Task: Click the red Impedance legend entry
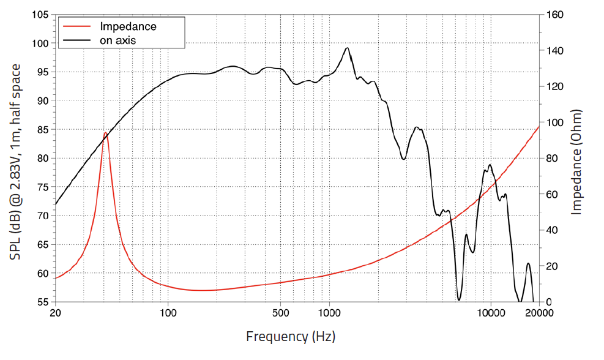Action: [127, 26]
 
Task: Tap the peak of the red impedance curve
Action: [105, 133]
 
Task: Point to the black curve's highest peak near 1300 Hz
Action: [347, 48]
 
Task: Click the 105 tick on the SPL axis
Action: [40, 15]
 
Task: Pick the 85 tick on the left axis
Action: [43, 130]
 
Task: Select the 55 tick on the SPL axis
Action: [43, 302]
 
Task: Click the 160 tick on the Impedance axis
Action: [554, 15]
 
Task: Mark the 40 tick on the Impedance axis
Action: [552, 230]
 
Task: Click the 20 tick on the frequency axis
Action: [55, 312]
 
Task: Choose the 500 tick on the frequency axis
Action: [280, 312]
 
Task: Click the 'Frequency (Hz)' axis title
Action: [291, 336]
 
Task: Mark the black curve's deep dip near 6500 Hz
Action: [459, 299]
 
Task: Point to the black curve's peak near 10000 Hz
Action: [490, 165]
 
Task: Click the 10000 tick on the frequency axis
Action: [490, 312]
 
